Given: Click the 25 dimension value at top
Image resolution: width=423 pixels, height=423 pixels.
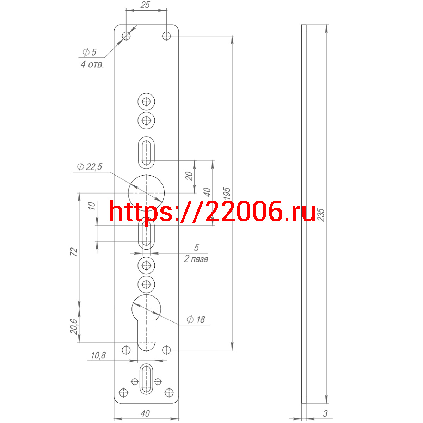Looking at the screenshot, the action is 145,5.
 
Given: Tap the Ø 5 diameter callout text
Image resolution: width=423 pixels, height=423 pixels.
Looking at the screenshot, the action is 89,52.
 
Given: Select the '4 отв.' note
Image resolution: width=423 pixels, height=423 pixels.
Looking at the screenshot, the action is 92,65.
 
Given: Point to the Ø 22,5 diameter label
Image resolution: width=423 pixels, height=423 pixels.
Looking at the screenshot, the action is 90,167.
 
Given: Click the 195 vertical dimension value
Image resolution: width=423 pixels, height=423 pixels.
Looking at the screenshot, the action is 227,194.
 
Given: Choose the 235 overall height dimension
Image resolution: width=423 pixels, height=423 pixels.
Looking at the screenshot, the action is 321,215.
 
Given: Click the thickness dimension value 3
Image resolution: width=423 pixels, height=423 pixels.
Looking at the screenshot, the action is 325,413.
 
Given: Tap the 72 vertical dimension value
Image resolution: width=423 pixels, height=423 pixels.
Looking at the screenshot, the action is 74,252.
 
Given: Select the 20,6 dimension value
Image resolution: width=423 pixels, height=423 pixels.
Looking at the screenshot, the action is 74,327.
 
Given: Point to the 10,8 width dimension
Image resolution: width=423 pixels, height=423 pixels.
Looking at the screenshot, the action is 98,355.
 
